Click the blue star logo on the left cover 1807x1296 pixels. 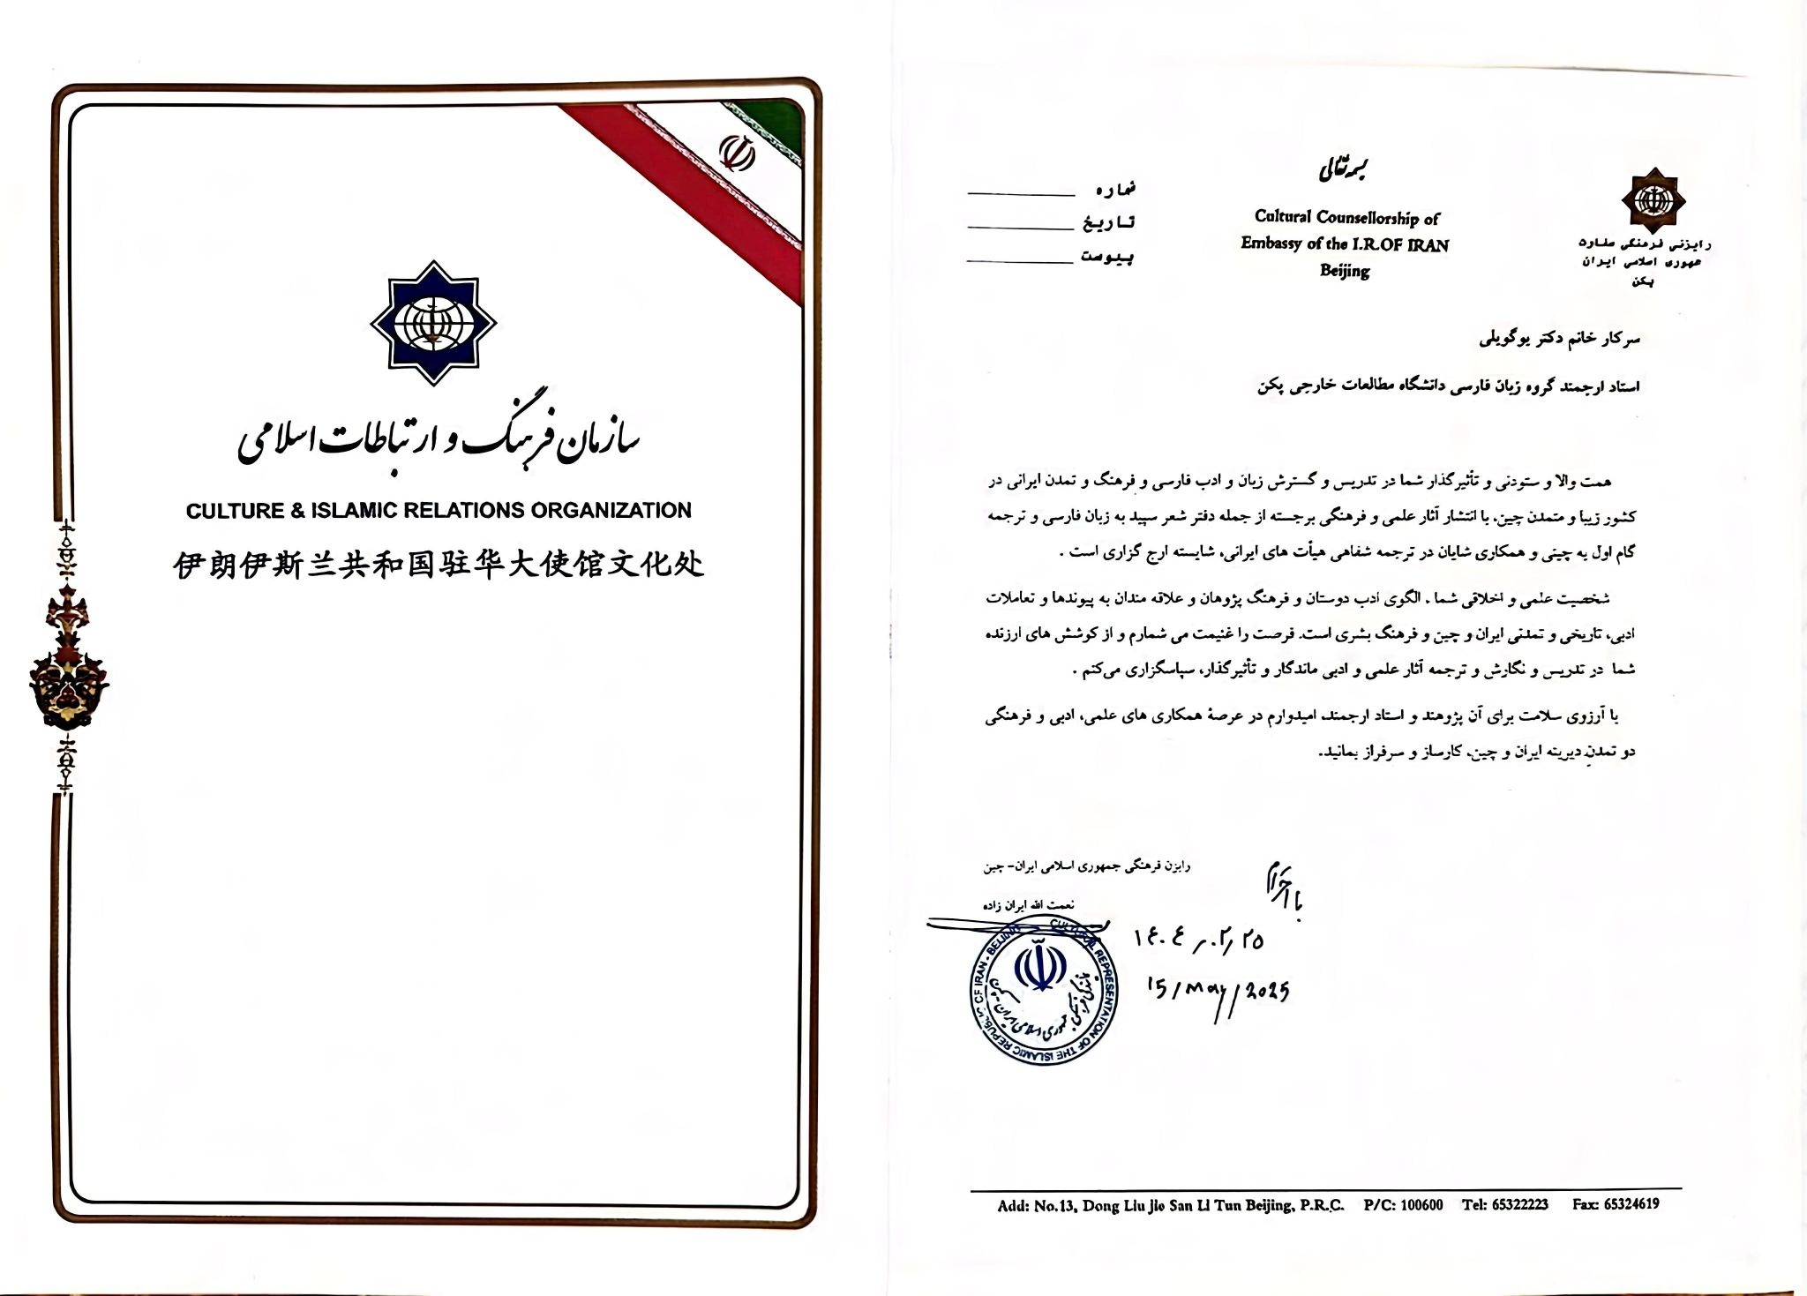432,323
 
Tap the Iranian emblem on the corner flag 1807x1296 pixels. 739,151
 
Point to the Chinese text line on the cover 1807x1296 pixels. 439,565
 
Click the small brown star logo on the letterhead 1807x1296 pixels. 1653,199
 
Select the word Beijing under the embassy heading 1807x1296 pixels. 1344,270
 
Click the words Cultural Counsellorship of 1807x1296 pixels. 1346,217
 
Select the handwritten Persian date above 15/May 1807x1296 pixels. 1198,940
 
